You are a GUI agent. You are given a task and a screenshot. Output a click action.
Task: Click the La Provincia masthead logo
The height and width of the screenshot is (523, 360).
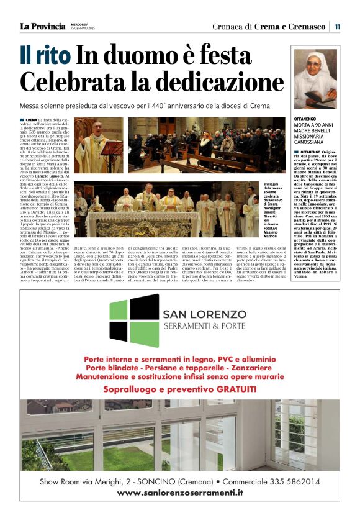point(42,26)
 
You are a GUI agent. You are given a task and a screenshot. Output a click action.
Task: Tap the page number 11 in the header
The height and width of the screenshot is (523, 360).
point(337,27)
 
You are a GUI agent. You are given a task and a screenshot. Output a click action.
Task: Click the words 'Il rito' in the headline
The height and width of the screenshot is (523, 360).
point(45,56)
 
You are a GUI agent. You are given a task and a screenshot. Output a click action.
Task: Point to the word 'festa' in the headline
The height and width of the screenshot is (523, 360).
point(222,56)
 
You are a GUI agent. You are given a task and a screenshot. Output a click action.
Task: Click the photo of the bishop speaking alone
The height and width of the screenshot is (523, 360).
point(99,146)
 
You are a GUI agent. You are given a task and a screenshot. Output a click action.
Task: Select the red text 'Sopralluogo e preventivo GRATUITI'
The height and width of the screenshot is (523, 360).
point(179,389)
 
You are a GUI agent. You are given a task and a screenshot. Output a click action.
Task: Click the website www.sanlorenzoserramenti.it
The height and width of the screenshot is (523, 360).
point(180,492)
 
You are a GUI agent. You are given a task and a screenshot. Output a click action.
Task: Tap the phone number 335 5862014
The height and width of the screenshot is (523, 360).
point(290,481)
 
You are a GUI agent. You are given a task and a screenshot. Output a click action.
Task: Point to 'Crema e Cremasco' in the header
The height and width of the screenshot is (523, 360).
point(290,27)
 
